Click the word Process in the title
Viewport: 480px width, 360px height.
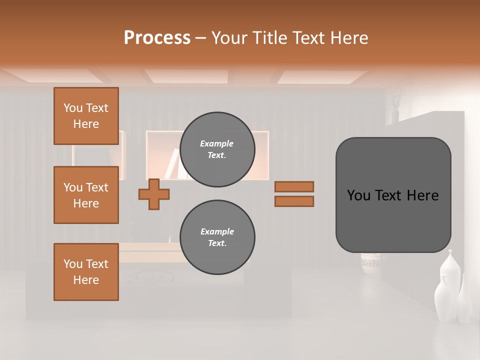coord(157,37)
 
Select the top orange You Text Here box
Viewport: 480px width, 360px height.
coord(86,116)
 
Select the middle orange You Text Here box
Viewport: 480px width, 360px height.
coord(86,195)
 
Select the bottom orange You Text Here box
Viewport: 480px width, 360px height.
coord(86,272)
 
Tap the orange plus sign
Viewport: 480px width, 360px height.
coord(154,194)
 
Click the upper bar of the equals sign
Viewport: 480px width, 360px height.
coord(294,186)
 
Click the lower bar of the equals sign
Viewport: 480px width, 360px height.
coord(294,201)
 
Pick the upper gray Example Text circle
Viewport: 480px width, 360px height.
coord(217,149)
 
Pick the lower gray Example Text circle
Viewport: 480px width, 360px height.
coord(217,237)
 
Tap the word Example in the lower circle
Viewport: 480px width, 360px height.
coord(217,231)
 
